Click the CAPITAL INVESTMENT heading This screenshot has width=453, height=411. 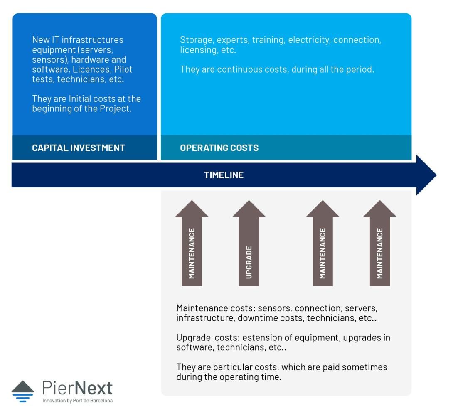coord(78,148)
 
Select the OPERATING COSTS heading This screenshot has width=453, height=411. coord(219,148)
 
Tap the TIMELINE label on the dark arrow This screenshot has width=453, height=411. coord(224,175)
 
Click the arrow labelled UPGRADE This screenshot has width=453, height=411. coord(249,243)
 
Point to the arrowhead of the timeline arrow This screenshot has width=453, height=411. coord(426,175)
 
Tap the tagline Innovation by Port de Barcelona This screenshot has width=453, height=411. coord(77,401)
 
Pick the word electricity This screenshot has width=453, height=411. coord(309,40)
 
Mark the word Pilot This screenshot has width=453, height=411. coord(123,69)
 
